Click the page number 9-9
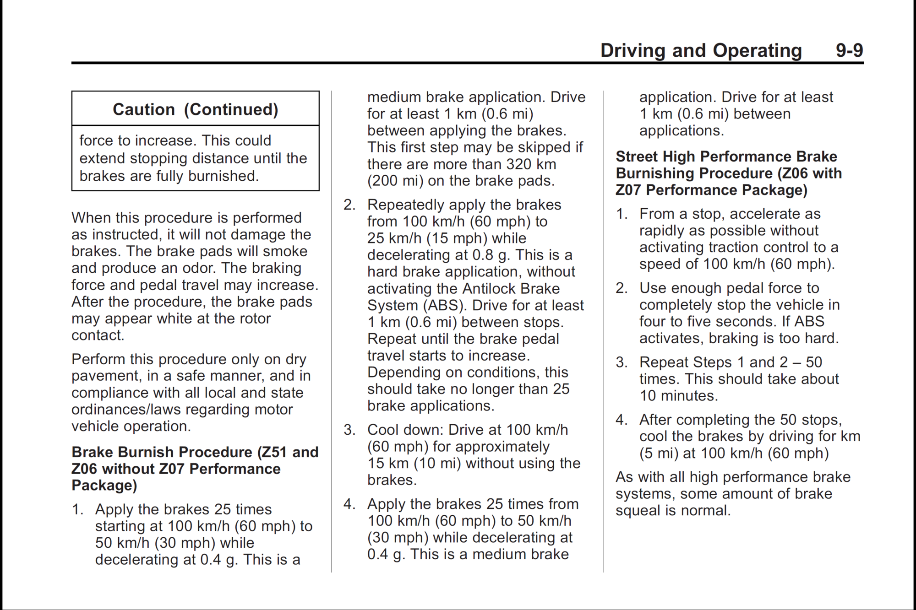[x=849, y=50]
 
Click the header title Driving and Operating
[x=701, y=50]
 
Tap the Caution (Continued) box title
[x=196, y=109]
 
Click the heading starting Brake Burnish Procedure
[x=195, y=469]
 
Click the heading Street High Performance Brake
[x=726, y=157]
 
